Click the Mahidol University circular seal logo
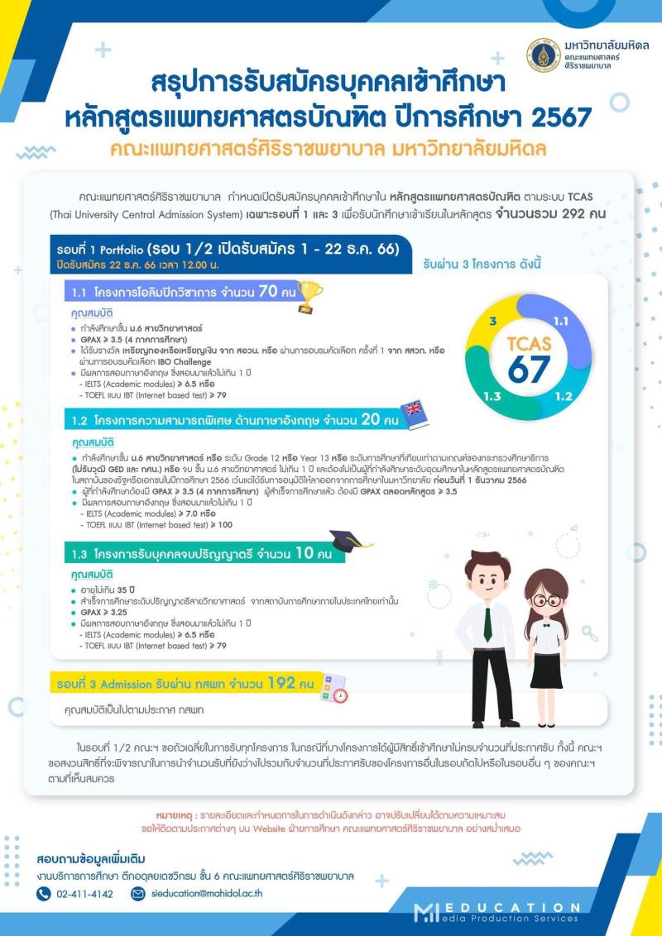[x=544, y=55]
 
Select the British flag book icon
[x=415, y=416]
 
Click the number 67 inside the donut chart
[x=530, y=370]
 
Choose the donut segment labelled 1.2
[x=563, y=396]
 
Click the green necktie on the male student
[x=487, y=624]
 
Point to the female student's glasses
[x=546, y=600]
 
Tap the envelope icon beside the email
[x=138, y=893]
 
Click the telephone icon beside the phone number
[x=44, y=893]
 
